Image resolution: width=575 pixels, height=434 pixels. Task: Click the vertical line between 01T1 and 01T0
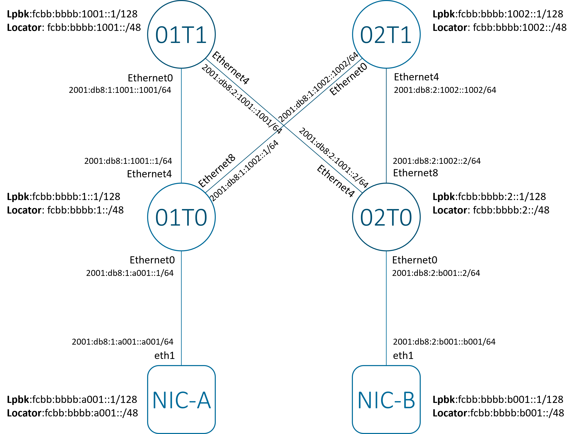181,126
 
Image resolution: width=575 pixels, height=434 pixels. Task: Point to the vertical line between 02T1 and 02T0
386,126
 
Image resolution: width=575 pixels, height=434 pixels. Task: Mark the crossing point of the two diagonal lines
284,126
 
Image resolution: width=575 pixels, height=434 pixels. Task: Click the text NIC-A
181,400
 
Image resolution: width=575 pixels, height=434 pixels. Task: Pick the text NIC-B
386,400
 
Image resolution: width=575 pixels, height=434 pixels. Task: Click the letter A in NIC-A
204,400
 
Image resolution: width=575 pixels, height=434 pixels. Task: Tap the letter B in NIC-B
409,400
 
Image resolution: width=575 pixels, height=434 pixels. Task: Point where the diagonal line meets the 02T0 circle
362,193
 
